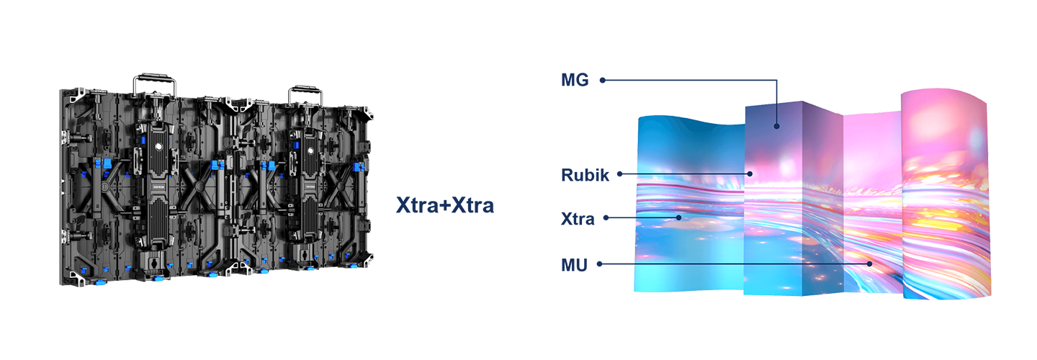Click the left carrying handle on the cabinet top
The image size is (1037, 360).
point(155,81)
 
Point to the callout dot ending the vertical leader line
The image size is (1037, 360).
point(777,126)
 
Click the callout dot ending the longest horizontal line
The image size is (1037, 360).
point(870,264)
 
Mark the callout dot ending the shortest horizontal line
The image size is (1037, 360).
point(678,217)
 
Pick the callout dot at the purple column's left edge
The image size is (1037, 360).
point(750,174)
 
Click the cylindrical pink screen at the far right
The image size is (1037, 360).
point(946,194)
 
